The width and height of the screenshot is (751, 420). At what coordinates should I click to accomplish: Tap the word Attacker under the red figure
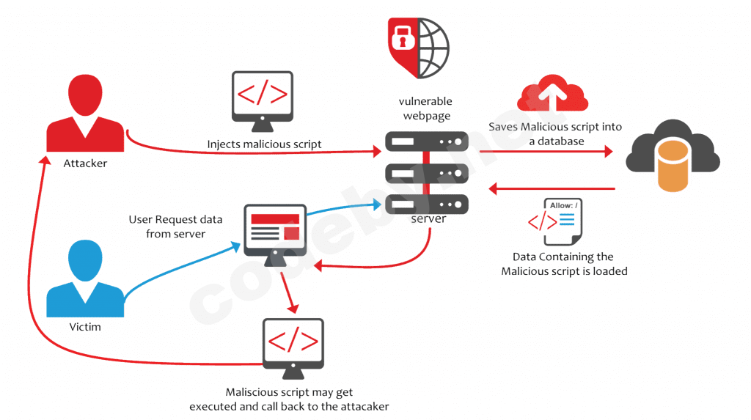(x=85, y=163)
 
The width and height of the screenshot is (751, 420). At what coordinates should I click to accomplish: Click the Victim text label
(x=84, y=326)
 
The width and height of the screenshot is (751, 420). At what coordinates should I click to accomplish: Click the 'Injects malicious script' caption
(x=264, y=144)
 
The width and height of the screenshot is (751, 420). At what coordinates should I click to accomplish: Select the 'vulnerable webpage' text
(x=425, y=108)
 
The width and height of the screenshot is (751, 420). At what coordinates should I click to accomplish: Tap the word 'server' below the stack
(x=428, y=218)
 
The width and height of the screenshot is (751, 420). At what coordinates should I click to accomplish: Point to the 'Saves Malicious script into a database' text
(x=555, y=133)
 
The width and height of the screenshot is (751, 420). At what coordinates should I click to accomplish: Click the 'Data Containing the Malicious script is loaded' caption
(x=564, y=264)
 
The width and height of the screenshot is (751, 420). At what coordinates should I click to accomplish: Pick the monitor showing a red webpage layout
(x=275, y=230)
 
